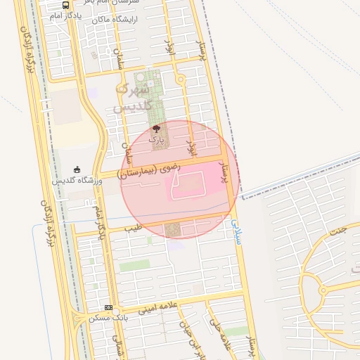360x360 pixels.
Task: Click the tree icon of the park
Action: coord(156,129)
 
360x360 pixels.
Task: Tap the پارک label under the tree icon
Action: coord(156,139)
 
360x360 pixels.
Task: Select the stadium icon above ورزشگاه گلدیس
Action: coord(77,169)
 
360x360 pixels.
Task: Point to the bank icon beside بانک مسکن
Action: coord(108,307)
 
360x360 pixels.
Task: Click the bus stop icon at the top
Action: coord(65,5)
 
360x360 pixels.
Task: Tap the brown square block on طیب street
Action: coord(172,230)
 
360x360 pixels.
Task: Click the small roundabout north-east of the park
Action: coord(181,80)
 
